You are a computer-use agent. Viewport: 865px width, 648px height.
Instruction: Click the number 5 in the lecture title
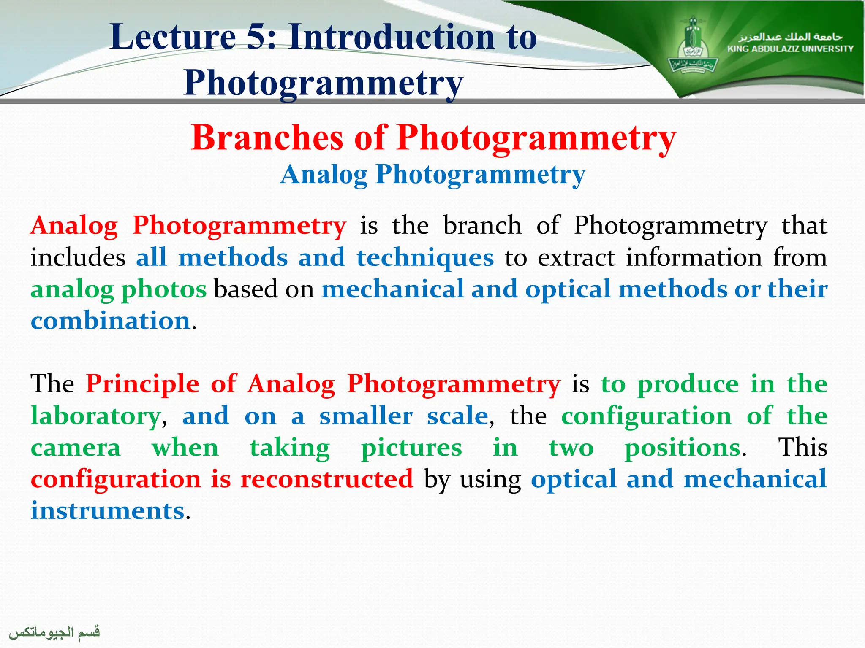click(255, 37)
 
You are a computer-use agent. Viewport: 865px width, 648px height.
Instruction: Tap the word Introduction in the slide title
click(392, 37)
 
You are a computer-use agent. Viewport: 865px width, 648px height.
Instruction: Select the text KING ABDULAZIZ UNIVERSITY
click(790, 49)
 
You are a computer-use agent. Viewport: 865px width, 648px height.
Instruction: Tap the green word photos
click(164, 289)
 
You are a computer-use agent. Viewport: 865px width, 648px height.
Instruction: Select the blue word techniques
click(425, 257)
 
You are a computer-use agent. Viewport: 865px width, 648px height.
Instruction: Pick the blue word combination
click(111, 321)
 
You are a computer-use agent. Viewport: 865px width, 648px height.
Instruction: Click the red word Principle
click(142, 384)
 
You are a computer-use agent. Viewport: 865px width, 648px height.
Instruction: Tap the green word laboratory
click(95, 416)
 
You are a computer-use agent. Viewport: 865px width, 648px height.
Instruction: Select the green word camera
click(76, 448)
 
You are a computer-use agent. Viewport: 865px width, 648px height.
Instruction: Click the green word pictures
click(411, 448)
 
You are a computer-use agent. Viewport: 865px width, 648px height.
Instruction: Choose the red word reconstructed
click(326, 479)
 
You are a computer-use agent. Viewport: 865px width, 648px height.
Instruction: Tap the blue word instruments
click(108, 511)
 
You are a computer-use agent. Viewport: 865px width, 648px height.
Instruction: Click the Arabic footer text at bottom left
click(54, 632)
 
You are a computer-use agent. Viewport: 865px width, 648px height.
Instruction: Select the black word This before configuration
click(802, 447)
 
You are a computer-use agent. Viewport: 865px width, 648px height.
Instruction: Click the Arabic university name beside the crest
click(790, 37)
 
